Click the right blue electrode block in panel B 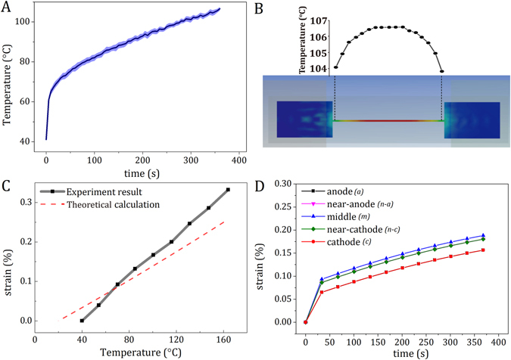(x=472, y=119)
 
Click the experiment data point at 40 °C (x=82, y=321)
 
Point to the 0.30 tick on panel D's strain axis (x=282, y=184)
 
